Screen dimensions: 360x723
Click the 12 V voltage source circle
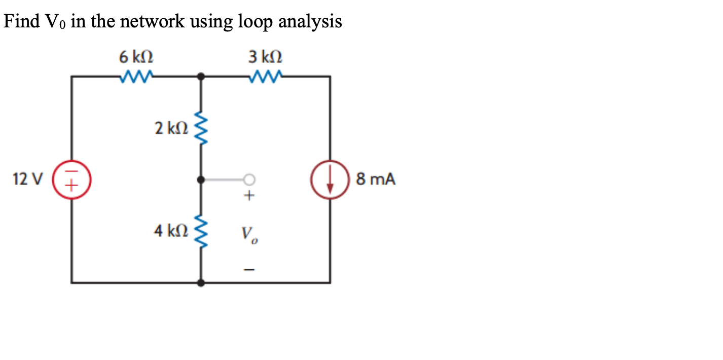tap(71, 179)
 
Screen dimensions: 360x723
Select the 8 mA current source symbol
tap(330, 179)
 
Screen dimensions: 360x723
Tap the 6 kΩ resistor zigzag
tap(136, 77)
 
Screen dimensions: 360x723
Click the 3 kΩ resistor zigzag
tap(266, 77)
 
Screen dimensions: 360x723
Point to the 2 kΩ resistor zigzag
tap(201, 128)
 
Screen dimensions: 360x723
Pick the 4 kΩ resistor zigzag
tap(201, 231)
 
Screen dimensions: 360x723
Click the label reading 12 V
tap(28, 179)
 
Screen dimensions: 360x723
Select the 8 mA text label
tap(375, 179)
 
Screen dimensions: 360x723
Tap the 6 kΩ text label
tap(136, 57)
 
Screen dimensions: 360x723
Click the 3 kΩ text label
tap(266, 57)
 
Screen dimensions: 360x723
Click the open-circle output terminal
tap(249, 179)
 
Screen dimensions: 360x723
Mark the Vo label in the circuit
tap(249, 234)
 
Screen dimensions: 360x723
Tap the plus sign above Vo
tap(249, 196)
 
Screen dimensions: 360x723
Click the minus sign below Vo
tap(249, 269)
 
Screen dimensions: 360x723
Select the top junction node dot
tap(201, 77)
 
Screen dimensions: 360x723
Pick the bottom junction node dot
tap(201, 283)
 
